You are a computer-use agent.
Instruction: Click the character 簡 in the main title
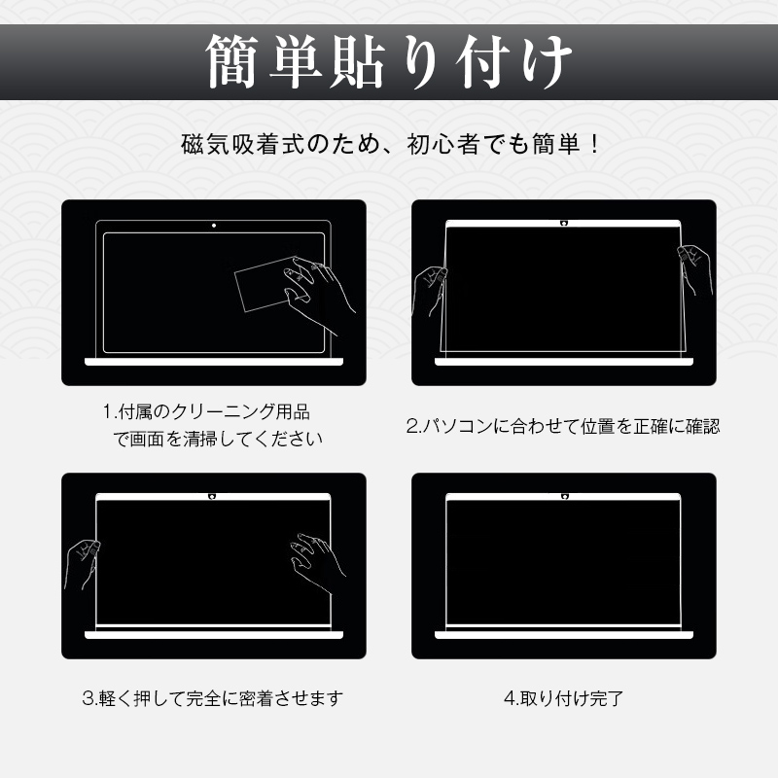click(x=231, y=61)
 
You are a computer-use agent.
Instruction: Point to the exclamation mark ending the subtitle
click(x=595, y=144)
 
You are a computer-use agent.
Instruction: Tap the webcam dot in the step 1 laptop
click(x=214, y=226)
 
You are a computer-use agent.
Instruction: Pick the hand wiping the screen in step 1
click(x=319, y=294)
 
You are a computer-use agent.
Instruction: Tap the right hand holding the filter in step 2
click(x=694, y=270)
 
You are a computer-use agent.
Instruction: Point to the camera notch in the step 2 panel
click(x=564, y=224)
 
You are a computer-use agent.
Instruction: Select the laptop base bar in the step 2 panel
click(x=564, y=362)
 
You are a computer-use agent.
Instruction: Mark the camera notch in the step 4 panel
click(x=564, y=497)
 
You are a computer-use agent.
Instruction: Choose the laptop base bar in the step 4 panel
click(x=564, y=635)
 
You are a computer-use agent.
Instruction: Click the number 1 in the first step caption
click(x=107, y=411)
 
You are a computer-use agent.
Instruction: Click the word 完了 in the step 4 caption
click(x=606, y=698)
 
